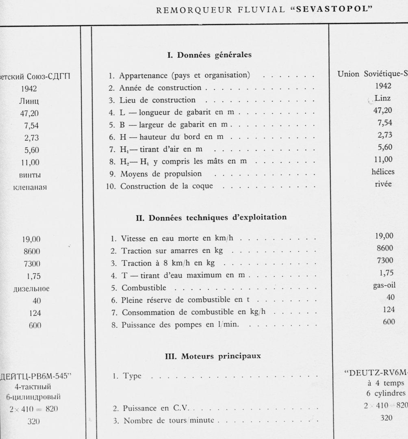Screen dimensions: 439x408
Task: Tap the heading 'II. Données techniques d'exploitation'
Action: pos(211,217)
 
